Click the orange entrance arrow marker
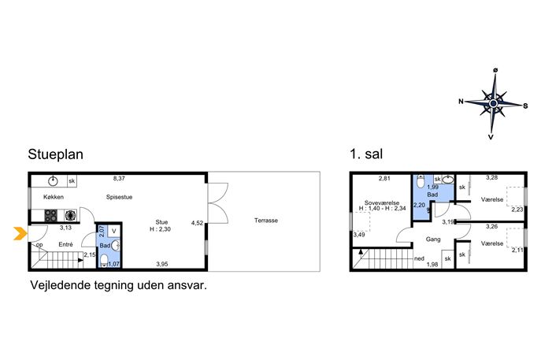20,233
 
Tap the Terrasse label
266,221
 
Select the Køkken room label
54,197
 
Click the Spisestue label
120,197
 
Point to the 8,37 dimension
119,179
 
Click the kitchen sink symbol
53,180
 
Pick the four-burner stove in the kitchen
50,215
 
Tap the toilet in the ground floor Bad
104,261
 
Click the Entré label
65,244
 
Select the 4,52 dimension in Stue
198,223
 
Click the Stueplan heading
56,154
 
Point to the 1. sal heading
366,154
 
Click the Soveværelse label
382,202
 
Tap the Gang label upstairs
433,239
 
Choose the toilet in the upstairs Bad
421,181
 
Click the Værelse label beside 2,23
492,199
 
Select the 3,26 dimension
492,226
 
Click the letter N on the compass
461,102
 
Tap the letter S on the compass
525,106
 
